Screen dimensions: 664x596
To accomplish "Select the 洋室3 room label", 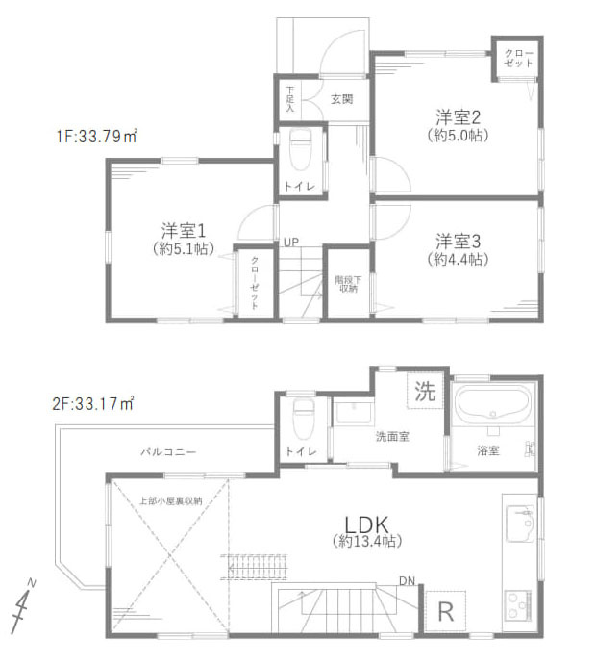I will point(458,240).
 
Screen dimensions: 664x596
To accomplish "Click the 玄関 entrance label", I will point(341,98).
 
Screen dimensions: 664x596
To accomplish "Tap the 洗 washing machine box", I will point(424,391).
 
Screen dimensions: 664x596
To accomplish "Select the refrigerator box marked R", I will point(445,610).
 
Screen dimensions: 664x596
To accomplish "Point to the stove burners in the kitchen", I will point(520,607).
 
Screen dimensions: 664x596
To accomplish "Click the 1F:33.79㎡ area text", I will point(95,137).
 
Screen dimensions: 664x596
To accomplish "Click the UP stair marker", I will point(290,241).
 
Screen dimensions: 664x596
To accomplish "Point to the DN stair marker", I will point(408,580).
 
